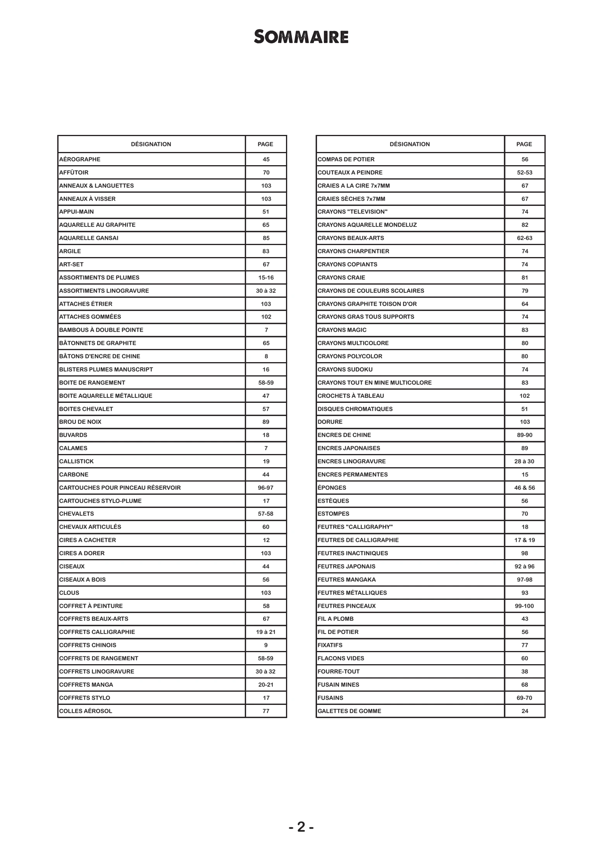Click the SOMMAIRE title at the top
pyautogui.click(x=301, y=37)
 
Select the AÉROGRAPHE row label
pyautogui.click(x=80, y=159)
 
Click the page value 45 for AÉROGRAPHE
pyautogui.click(x=266, y=159)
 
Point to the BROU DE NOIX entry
pyautogui.click(x=80, y=422)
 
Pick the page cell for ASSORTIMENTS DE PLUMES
pyautogui.click(x=266, y=278)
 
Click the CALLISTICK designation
pyautogui.click(x=76, y=461)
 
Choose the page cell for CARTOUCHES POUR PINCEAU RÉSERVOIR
pyautogui.click(x=266, y=488)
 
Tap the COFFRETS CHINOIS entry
pyautogui.click(x=88, y=645)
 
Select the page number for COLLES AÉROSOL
pyautogui.click(x=266, y=711)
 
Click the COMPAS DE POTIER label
pyautogui.click(x=346, y=159)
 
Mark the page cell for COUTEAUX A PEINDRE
pyautogui.click(x=525, y=173)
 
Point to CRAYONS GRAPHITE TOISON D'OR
pyautogui.click(x=367, y=304)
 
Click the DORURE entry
pyautogui.click(x=330, y=422)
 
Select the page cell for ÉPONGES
pyautogui.click(x=525, y=488)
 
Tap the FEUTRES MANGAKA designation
pyautogui.click(x=347, y=580)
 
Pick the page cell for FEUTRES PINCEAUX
pyautogui.click(x=525, y=606)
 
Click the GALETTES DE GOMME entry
pyautogui.click(x=350, y=711)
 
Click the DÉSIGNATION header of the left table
pyautogui.click(x=151, y=144)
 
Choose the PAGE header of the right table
pyautogui.click(x=524, y=144)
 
